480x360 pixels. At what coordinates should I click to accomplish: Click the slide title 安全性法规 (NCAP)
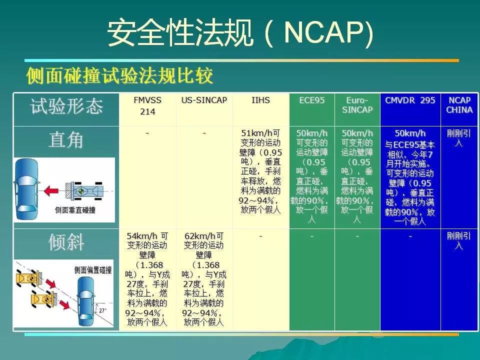[240, 32]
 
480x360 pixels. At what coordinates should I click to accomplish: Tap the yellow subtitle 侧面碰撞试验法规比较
[119, 75]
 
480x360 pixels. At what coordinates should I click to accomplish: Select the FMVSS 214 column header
[147, 105]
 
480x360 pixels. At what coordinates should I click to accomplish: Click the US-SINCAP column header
[204, 100]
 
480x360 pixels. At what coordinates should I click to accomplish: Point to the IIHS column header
[260, 100]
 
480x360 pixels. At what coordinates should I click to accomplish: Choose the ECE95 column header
[311, 100]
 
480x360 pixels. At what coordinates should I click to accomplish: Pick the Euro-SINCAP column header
[357, 104]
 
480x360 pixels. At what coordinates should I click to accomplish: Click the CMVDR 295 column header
[410, 100]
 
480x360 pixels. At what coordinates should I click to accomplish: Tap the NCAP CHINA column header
[459, 104]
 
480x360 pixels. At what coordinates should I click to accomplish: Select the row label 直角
[66, 140]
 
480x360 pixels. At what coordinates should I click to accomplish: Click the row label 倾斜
[66, 242]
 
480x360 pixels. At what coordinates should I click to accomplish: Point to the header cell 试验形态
[66, 106]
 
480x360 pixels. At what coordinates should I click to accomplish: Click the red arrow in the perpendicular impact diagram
[50, 191]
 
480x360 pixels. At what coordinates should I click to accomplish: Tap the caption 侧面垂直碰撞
[75, 210]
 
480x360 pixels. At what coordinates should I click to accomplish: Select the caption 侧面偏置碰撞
[93, 270]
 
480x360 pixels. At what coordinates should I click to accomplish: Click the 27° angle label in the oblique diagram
[102, 310]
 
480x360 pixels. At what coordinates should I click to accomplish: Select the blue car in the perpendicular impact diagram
[27, 189]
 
